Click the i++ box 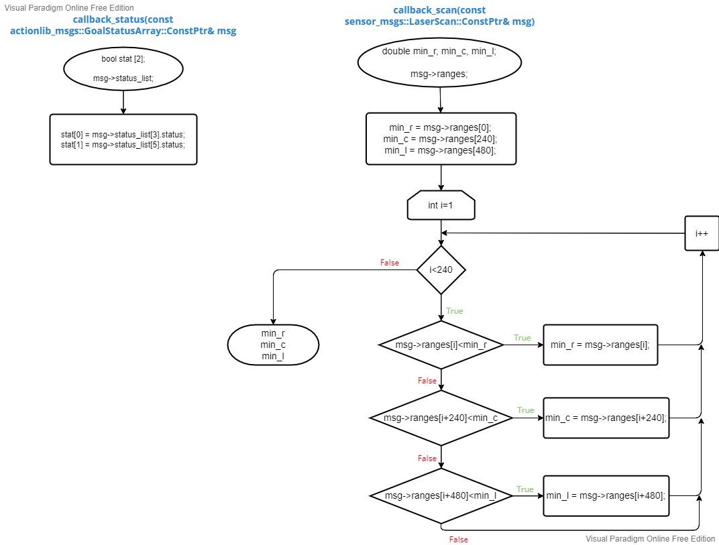[702, 233]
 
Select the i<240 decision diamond [441, 270]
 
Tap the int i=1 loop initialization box [441, 205]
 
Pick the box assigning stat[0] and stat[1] [123, 139]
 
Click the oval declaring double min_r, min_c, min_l [439, 62]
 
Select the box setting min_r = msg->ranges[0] [441, 139]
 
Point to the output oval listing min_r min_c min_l [273, 345]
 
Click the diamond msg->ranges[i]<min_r [441, 345]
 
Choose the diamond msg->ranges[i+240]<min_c [441, 418]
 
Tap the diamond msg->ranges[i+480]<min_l [441, 496]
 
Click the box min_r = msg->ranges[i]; [600, 345]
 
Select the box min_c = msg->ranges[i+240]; [606, 418]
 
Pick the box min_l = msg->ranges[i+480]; [606, 496]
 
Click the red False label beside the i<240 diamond [389, 263]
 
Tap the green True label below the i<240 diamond [455, 311]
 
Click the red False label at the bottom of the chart [459, 540]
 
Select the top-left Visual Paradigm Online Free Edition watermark [69, 8]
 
